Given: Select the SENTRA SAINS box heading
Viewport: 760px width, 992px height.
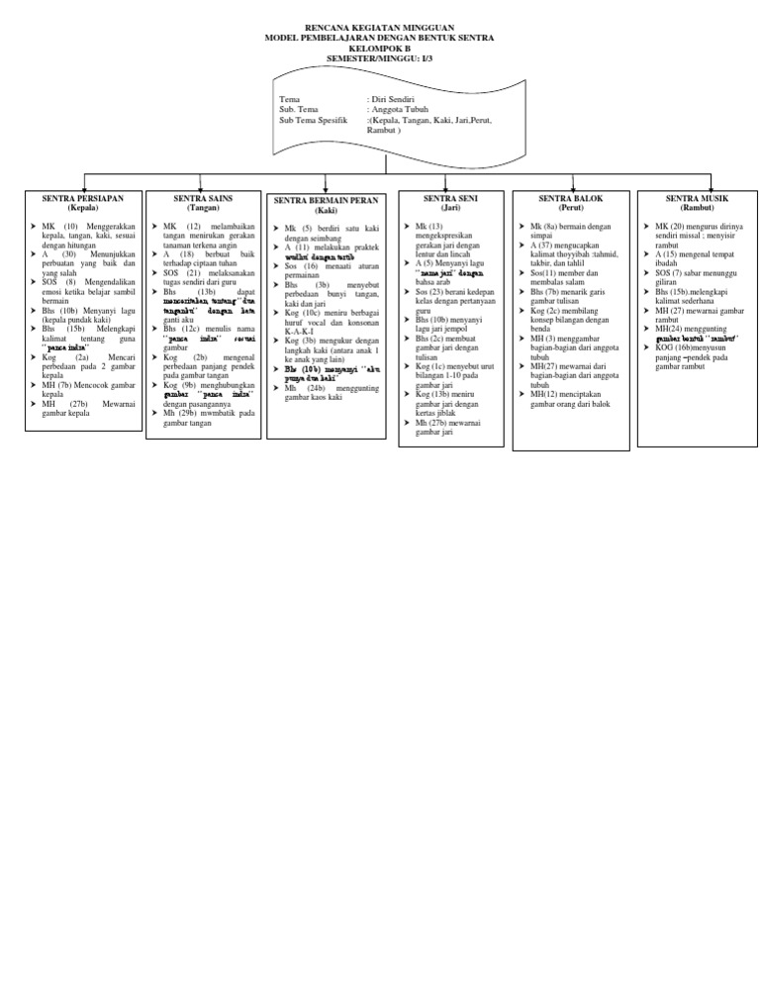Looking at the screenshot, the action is click(203, 199).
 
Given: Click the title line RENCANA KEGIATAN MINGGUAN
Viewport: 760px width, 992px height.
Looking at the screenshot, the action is click(380, 27).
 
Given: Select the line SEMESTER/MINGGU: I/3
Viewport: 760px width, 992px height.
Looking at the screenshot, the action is click(380, 56).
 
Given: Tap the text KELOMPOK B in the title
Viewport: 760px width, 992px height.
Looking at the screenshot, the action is click(380, 47).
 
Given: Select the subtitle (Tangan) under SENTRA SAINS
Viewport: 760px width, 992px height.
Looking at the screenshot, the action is click(203, 208).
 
